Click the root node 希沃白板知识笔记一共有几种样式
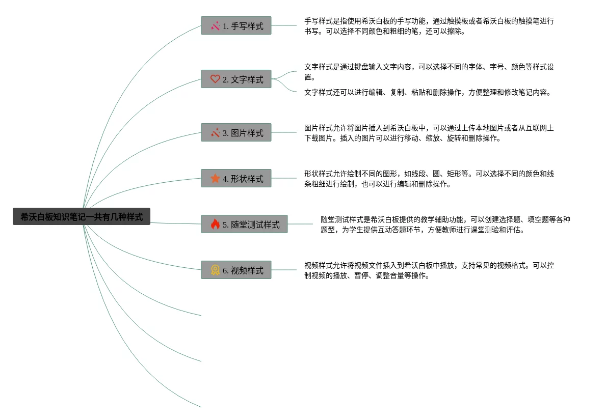pos(82,216)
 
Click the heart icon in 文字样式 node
pos(215,79)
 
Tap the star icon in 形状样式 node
pos(215,178)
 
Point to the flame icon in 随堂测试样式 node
pos(215,224)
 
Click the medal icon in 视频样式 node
pos(215,270)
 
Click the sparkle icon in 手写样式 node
pos(215,25)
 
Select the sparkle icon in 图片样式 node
pos(215,132)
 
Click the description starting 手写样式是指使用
pos(429,26)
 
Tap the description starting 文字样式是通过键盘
pos(429,72)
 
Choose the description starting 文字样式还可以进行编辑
pos(428,92)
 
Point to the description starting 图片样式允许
pos(429,133)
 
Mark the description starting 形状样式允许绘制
pos(429,179)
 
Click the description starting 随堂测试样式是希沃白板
pos(445,225)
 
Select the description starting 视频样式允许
pos(429,270)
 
